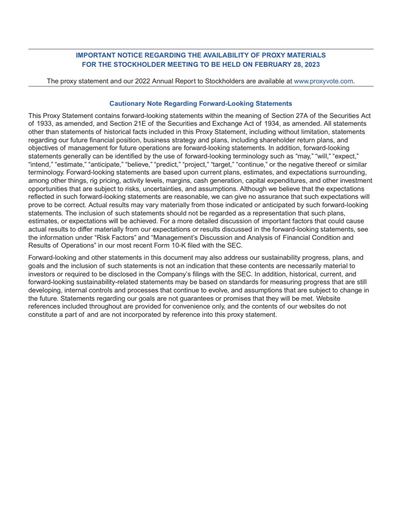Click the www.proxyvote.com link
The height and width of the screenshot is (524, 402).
pyautogui.click(x=323, y=81)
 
